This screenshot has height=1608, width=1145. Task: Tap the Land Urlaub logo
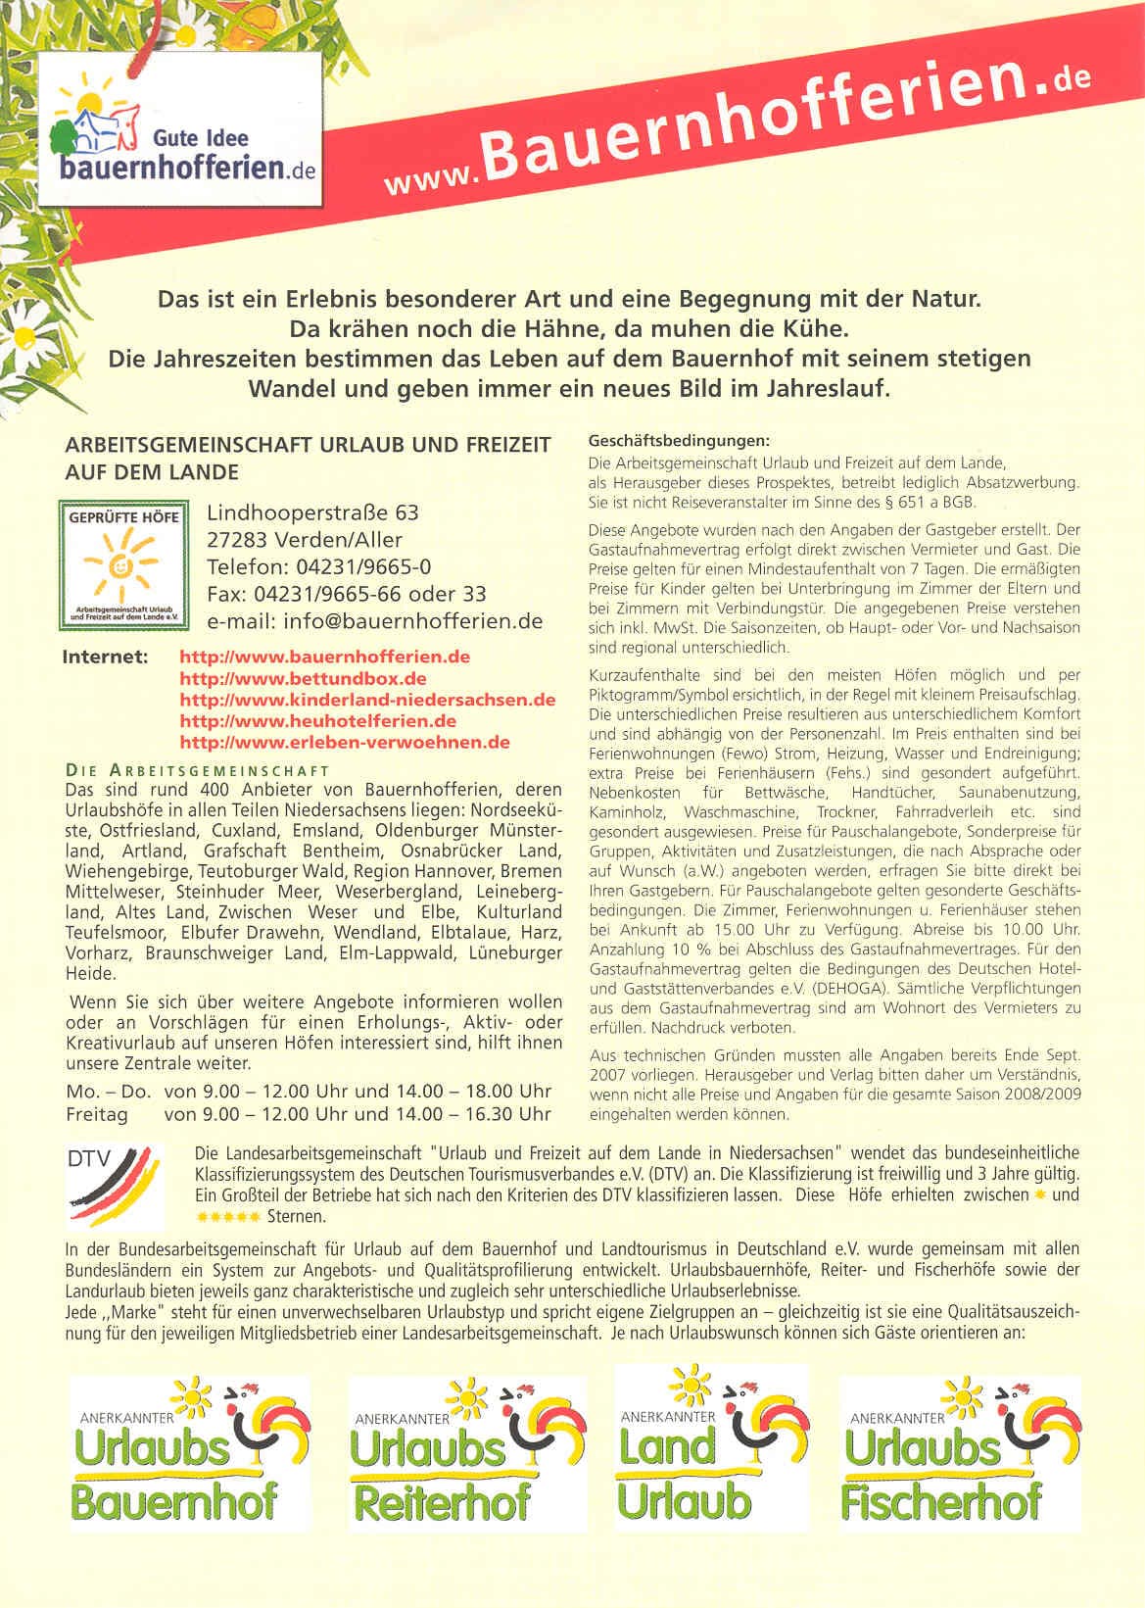pyautogui.click(x=711, y=1447)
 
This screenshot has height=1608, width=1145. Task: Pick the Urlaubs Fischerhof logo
pyautogui.click(x=961, y=1447)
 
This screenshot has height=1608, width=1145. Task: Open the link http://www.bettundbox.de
pyautogui.click(x=304, y=678)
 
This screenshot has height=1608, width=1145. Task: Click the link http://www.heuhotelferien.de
pyautogui.click(x=318, y=720)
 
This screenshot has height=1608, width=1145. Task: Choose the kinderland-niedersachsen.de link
pyautogui.click(x=367, y=700)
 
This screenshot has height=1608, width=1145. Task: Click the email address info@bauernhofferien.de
pyautogui.click(x=412, y=620)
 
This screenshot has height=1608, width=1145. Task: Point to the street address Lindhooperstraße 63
pyautogui.click(x=312, y=512)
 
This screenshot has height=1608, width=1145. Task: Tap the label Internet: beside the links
pyautogui.click(x=106, y=656)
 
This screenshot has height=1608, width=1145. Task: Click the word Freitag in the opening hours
pyautogui.click(x=97, y=1113)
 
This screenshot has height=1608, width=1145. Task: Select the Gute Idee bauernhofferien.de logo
pyautogui.click(x=184, y=127)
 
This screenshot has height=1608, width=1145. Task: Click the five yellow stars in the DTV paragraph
pyautogui.click(x=228, y=1216)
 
